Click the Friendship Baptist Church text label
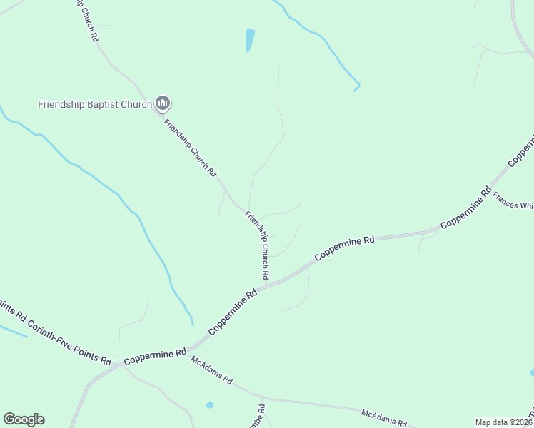pyautogui.click(x=94, y=104)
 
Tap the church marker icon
pyautogui.click(x=163, y=104)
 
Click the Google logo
pyautogui.click(x=24, y=419)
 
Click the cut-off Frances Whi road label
pyautogui.click(x=513, y=205)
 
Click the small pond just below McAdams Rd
pyautogui.click(x=209, y=405)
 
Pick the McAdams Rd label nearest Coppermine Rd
pyautogui.click(x=211, y=370)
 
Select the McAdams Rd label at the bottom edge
pyautogui.click(x=383, y=417)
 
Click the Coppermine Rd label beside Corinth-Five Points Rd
pyautogui.click(x=154, y=357)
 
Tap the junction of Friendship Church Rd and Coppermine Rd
pyautogui.click(x=266, y=285)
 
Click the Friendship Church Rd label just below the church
pyautogui.click(x=190, y=148)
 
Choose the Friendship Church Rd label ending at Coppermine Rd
pyautogui.click(x=257, y=245)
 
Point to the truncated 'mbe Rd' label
pyautogui.click(x=261, y=416)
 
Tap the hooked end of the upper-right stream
pyautogui.click(x=356, y=88)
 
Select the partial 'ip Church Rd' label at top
pyautogui.click(x=86, y=20)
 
